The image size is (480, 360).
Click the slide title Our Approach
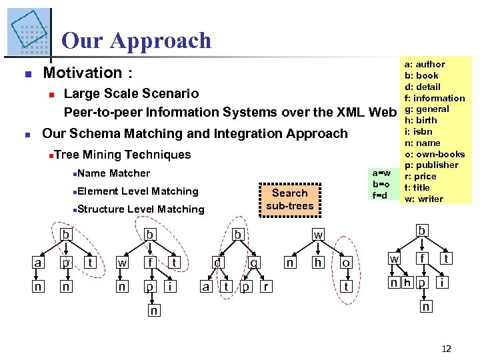point(136,41)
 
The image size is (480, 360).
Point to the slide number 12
point(447,348)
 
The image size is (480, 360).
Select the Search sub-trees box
point(289,199)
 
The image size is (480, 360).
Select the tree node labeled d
point(217,263)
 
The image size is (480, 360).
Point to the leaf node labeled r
point(266,287)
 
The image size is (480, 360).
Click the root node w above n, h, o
point(319,235)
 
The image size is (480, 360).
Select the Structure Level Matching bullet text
point(141,209)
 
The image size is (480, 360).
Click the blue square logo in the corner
point(28,31)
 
